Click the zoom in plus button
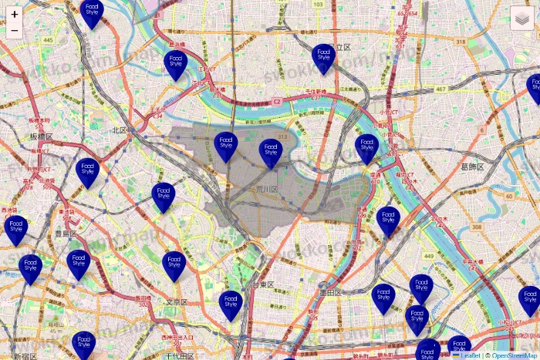tap(15, 15)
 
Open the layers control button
tap(522, 17)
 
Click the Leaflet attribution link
tap(471, 355)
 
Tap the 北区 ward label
tap(119, 130)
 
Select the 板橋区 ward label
tap(42, 136)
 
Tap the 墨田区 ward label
tap(330, 293)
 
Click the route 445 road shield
tap(49, 40)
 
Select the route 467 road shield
tap(440, 90)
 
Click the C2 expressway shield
tap(275, 101)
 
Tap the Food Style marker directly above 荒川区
tap(270, 153)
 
